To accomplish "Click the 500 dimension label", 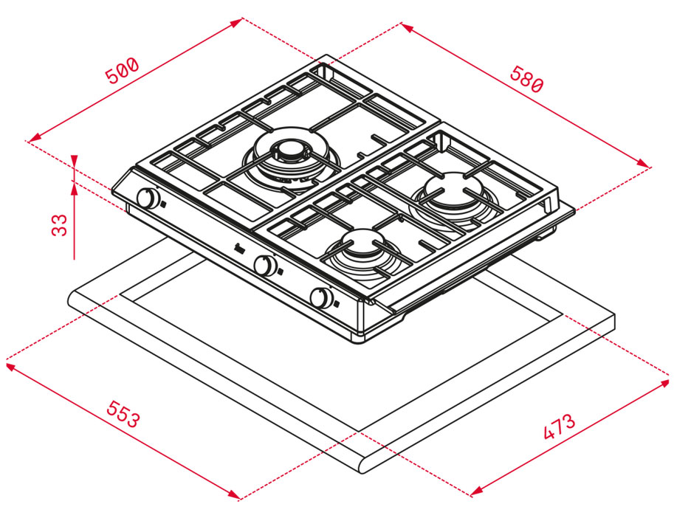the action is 122,70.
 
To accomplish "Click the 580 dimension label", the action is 526,79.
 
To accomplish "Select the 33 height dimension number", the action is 60,225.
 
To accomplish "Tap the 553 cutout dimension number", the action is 123,414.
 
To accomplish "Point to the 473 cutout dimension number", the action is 560,427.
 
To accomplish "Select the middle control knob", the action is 265,265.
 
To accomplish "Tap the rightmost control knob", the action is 321,298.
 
